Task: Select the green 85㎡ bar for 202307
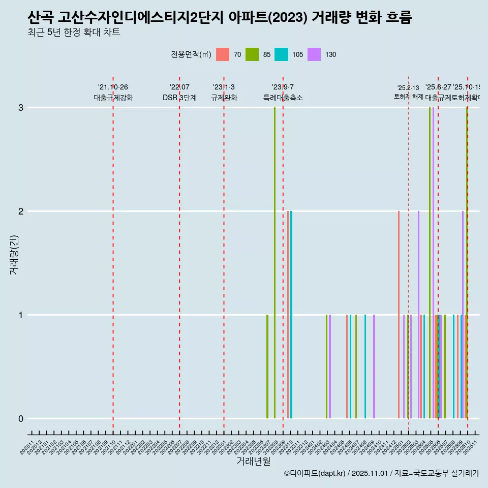pos(267,367)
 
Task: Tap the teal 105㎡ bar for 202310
pos(291,315)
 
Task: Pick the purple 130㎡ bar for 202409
pos(374,367)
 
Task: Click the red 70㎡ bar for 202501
pos(399,315)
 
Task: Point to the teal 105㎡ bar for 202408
pos(365,367)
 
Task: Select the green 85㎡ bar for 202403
pos(326,367)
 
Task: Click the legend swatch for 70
pos(223,54)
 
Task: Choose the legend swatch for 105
pos(281,54)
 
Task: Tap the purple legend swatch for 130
pos(314,54)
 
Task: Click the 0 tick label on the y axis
pos(21,419)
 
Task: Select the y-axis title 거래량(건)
pos(14,255)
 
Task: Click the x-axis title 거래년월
pos(253,461)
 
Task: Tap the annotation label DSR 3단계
pos(179,98)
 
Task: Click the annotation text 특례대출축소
pos(283,98)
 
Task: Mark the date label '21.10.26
pos(113,87)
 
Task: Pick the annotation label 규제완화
pos(224,98)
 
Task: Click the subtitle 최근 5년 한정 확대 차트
pos(74,33)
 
